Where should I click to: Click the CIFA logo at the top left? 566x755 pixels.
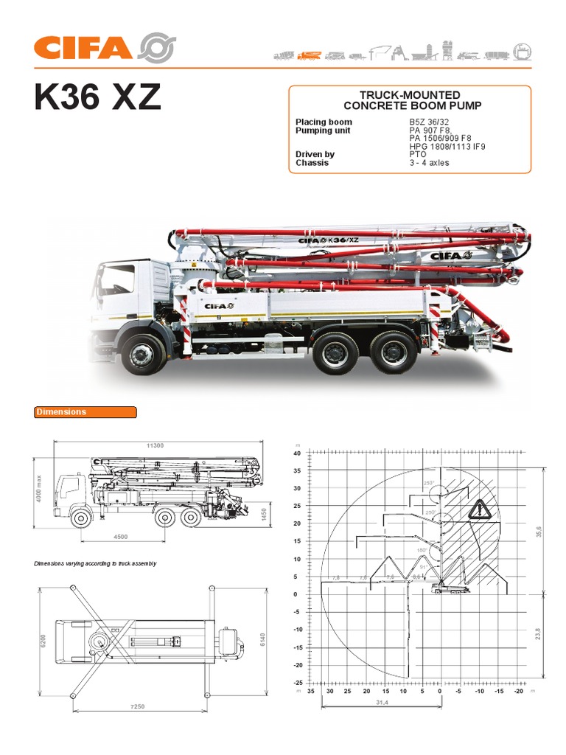point(103,47)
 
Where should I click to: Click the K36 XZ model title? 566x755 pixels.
point(97,97)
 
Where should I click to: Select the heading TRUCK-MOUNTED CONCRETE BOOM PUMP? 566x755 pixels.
point(409,100)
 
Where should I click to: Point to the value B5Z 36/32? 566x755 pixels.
point(429,122)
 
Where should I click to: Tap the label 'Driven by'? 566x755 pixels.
point(315,154)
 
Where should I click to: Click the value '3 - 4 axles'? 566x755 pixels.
point(429,162)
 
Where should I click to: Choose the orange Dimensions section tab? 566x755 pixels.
point(85,412)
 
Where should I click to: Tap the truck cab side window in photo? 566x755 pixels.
point(116,279)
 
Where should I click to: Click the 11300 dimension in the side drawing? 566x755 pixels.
point(155,445)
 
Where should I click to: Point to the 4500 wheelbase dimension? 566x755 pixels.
point(121,537)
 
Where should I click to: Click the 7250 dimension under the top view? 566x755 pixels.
point(137,706)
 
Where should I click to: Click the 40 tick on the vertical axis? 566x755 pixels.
point(297,453)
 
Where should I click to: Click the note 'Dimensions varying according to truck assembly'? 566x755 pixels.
point(95,563)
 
